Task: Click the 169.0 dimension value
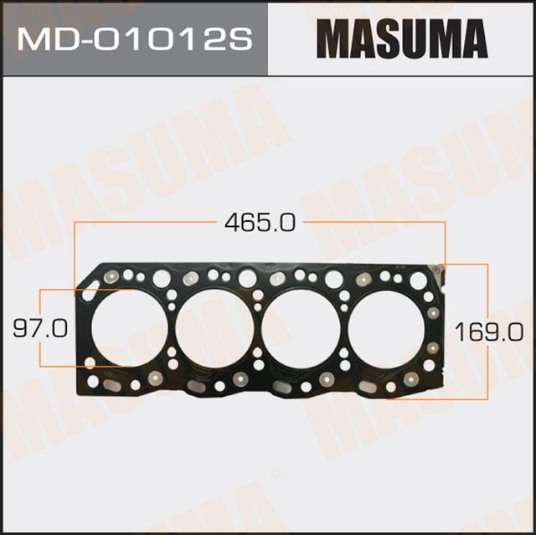[x=482, y=332]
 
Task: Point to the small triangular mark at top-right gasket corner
[x=435, y=269]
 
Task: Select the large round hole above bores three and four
[x=334, y=279]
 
